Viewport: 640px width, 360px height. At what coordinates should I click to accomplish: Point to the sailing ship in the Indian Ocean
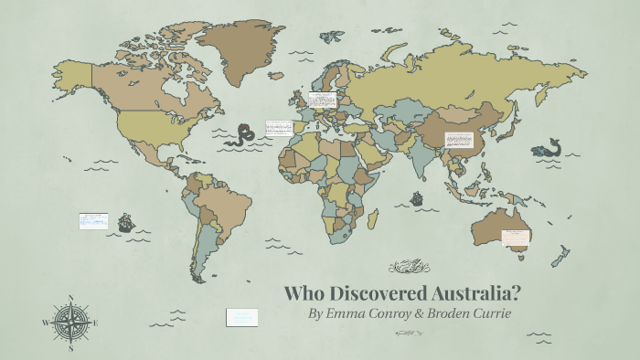point(417,196)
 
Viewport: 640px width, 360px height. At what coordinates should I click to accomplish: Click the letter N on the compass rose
point(69,298)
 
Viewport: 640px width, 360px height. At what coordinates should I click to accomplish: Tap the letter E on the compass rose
point(94,322)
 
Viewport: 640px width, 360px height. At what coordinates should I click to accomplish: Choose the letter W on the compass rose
point(45,323)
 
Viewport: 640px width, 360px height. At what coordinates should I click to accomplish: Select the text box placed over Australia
point(516,238)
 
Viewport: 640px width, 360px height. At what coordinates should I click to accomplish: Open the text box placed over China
point(458,140)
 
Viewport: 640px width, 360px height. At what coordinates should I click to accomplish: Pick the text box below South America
point(242,317)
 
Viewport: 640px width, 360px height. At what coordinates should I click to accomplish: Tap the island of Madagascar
point(373,219)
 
